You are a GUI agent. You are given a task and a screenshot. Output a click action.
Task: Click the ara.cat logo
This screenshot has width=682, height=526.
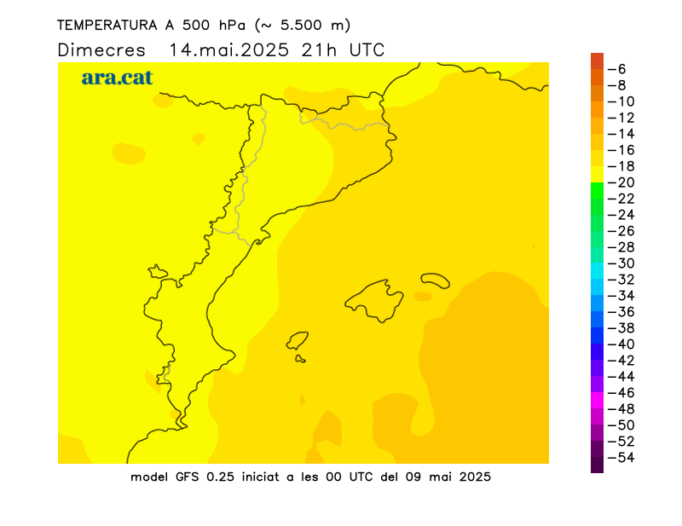tap(117, 78)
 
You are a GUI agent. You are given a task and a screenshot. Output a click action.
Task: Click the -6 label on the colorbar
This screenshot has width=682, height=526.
tap(616, 69)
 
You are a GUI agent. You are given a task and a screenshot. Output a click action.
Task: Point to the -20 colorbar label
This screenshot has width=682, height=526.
tap(621, 182)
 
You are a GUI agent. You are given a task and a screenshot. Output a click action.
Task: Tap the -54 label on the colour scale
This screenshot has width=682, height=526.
tap(621, 458)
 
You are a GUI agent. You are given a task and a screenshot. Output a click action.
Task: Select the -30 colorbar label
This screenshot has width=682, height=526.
tap(621, 263)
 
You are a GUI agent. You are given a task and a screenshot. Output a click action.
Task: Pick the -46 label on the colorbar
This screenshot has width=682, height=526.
tap(621, 393)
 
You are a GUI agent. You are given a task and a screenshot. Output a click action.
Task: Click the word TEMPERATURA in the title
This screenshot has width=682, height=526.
tap(107, 26)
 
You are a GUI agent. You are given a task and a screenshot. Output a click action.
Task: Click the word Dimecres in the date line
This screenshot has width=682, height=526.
tap(101, 50)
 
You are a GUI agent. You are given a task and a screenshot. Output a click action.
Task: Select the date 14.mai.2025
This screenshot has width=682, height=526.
tap(228, 50)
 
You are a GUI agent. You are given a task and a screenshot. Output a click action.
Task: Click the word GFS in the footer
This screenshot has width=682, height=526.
tap(187, 477)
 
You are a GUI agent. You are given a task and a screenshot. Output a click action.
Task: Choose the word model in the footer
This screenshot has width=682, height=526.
tap(149, 477)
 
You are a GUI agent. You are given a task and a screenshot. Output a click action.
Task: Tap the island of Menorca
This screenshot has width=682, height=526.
tap(435, 280)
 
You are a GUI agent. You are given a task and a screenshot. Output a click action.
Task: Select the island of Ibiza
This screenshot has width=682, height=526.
tap(297, 341)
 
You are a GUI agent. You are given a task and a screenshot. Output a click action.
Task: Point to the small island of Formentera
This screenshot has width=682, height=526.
tap(300, 359)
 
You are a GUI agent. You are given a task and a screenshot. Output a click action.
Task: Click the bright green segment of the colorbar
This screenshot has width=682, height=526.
tap(598, 191)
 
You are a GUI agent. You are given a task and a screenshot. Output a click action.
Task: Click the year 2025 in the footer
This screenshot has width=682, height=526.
tap(475, 477)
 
